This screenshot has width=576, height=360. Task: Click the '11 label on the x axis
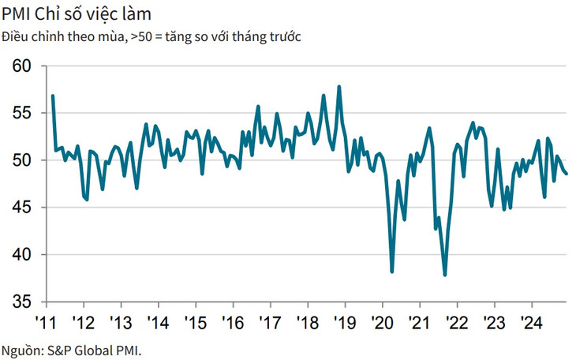(46, 322)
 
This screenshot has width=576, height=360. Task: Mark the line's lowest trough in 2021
(445, 275)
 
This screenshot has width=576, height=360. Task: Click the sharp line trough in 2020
(392, 272)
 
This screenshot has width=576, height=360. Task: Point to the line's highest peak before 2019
(339, 87)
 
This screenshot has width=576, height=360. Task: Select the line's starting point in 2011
(52, 96)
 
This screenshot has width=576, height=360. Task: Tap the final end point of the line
(567, 174)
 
